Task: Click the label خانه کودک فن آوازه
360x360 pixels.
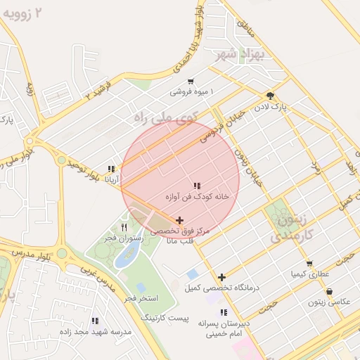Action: pyautogui.click(x=198, y=198)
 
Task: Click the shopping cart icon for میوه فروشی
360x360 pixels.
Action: pyautogui.click(x=191, y=82)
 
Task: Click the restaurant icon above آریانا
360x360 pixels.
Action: pyautogui.click(x=111, y=169)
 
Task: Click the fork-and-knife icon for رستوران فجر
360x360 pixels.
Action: pyautogui.click(x=124, y=227)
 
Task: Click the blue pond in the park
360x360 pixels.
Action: pyautogui.click(x=126, y=257)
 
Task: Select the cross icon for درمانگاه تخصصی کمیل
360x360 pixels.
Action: pyautogui.click(x=222, y=277)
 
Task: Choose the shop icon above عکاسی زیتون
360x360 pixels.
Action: pyautogui.click(x=329, y=291)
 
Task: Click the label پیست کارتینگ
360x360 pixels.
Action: pyautogui.click(x=165, y=319)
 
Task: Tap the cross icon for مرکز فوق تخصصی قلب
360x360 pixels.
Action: pyautogui.click(x=180, y=220)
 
